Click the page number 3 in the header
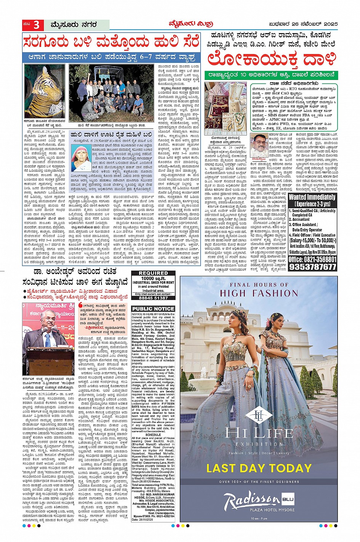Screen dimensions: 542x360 click(x=37, y=25)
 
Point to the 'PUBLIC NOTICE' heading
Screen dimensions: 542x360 click(x=153, y=308)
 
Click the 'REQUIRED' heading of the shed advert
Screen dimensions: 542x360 click(x=153, y=273)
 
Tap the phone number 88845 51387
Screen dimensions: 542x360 click(x=153, y=298)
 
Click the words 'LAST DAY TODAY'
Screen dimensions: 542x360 click(x=259, y=468)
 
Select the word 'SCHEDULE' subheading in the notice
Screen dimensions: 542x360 click(x=153, y=435)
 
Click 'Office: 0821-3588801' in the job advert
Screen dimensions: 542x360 click(x=312, y=259)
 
